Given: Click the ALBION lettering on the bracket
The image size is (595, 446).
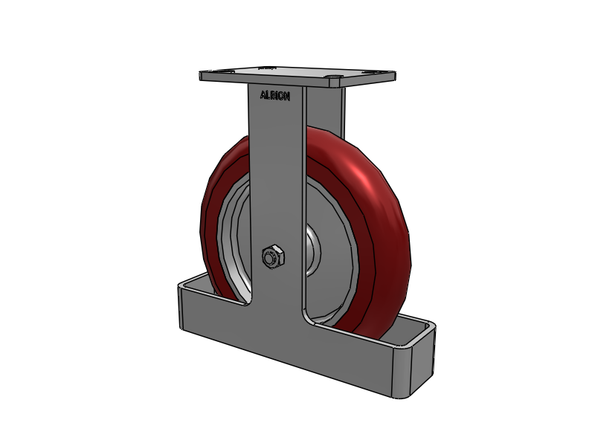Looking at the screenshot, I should (x=274, y=95).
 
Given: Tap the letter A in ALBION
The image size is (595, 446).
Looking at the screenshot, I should (x=262, y=95).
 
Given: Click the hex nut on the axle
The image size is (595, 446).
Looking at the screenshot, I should (x=272, y=257).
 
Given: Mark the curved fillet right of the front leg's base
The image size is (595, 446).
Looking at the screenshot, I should (x=311, y=315).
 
